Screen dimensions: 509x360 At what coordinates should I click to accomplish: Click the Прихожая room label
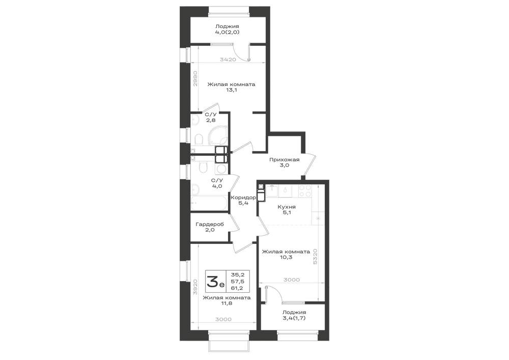point(285,159)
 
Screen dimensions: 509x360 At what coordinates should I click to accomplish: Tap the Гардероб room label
point(210,225)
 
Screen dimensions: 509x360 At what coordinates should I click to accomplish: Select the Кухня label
point(287,207)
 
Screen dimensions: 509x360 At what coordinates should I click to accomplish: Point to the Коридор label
point(243,198)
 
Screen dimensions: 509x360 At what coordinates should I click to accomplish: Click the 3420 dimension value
point(228,60)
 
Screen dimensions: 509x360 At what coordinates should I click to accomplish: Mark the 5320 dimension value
point(315,257)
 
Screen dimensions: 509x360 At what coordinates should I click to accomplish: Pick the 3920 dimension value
point(195,287)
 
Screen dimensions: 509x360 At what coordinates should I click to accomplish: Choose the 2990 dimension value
point(195,78)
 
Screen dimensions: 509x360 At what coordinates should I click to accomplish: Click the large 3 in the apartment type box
point(213,281)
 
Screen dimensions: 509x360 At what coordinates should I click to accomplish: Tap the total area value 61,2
point(236,288)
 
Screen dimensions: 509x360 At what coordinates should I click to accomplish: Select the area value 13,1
point(232,90)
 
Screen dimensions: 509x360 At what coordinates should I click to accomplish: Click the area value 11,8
point(227,303)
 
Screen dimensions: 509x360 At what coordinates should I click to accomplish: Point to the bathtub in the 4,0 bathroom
point(209,203)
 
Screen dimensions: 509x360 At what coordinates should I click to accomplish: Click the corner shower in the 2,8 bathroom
point(218,135)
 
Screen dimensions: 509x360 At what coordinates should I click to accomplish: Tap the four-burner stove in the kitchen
point(305,190)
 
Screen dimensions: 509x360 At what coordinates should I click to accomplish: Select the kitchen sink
point(271,190)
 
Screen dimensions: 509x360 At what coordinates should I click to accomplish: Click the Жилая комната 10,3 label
point(286,254)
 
